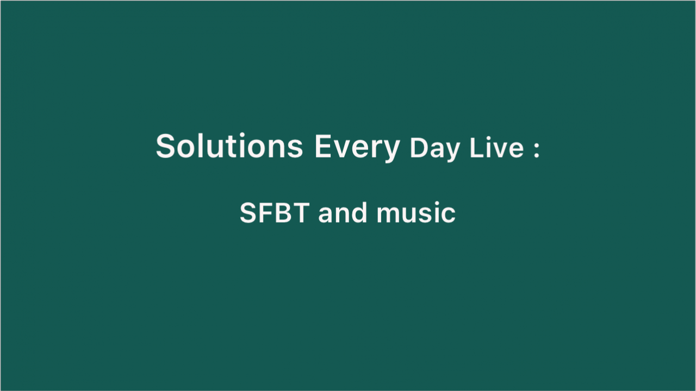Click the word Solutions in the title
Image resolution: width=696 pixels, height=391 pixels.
(x=229, y=146)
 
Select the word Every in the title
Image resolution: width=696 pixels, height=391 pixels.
(x=357, y=149)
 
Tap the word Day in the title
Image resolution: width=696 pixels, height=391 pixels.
(x=434, y=149)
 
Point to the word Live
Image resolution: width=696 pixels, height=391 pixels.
(x=496, y=148)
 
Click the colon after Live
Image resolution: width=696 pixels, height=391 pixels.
(x=536, y=150)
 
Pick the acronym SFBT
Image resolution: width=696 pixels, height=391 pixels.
(x=275, y=213)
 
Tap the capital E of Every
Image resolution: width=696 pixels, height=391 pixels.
(x=322, y=146)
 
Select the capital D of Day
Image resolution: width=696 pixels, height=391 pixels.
(x=419, y=148)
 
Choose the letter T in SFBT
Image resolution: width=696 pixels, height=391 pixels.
(x=301, y=213)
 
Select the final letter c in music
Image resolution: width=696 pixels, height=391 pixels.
(x=449, y=215)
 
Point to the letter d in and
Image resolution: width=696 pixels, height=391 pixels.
(x=360, y=213)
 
